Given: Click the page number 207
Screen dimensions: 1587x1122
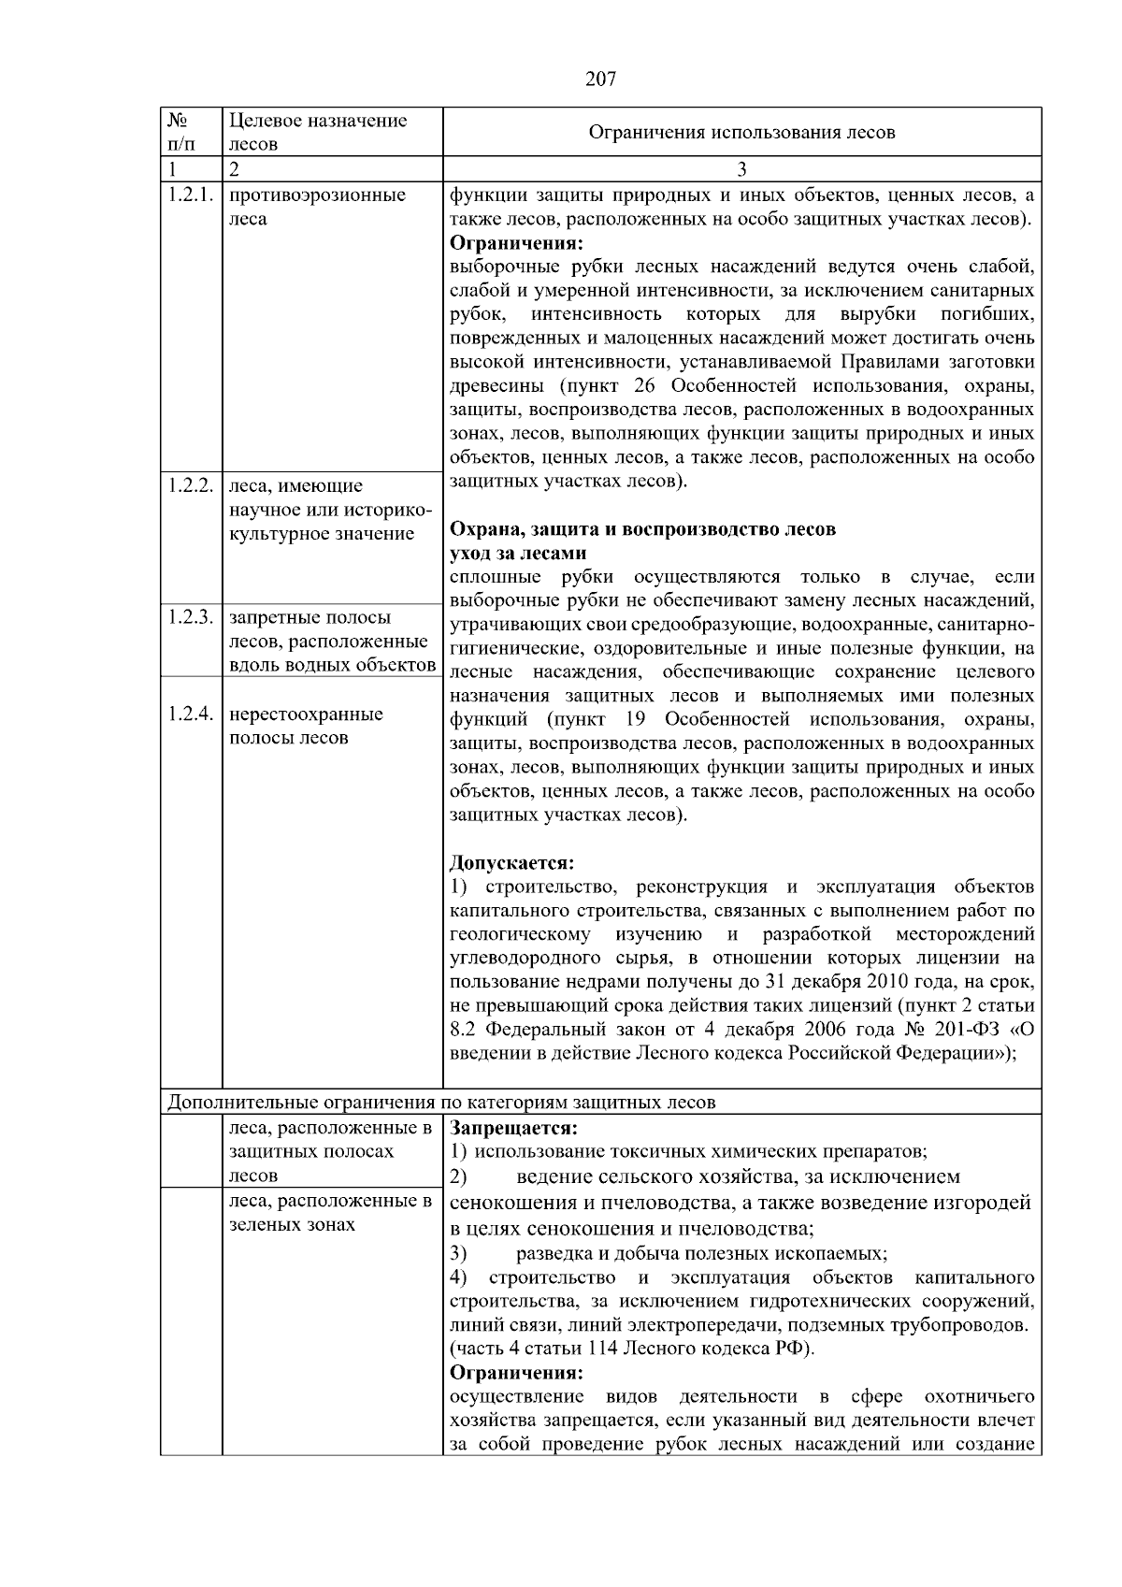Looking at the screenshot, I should [x=600, y=79].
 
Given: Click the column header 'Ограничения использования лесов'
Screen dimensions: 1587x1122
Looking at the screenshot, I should [x=741, y=132].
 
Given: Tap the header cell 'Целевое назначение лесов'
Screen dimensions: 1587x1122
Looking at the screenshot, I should [x=318, y=132].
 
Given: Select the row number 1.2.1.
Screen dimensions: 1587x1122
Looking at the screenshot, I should [x=192, y=195].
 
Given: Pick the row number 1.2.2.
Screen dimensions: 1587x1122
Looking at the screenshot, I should [x=192, y=485].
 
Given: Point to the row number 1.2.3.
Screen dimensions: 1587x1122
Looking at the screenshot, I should [x=192, y=617].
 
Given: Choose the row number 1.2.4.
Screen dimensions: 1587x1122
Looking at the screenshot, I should [x=192, y=714].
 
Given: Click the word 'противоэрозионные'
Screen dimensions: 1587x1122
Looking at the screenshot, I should [x=317, y=195].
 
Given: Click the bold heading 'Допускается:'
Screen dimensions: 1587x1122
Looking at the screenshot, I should [x=511, y=861].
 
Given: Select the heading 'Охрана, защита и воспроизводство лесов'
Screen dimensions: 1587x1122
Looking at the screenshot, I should [x=642, y=529].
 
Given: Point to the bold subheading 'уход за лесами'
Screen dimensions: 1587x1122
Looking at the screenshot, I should [x=518, y=553].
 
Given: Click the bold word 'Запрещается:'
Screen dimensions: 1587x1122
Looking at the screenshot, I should [x=513, y=1128].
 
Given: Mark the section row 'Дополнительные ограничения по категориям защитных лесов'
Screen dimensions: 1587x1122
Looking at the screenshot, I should [x=441, y=1103].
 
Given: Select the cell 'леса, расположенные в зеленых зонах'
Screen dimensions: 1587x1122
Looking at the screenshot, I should [x=330, y=1212].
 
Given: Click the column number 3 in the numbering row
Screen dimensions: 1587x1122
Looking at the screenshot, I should [x=741, y=169].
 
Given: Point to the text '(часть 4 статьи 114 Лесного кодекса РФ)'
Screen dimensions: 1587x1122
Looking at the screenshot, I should [x=632, y=1349].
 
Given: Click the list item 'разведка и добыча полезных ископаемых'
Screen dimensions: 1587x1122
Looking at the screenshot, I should [x=701, y=1253].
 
